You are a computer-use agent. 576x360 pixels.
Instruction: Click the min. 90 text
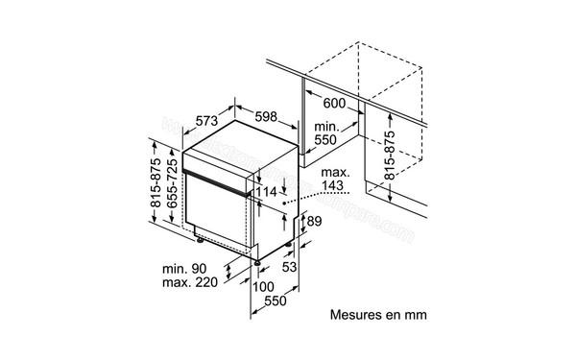(183, 272)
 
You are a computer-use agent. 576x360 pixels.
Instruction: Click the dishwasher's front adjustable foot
(257, 260)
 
